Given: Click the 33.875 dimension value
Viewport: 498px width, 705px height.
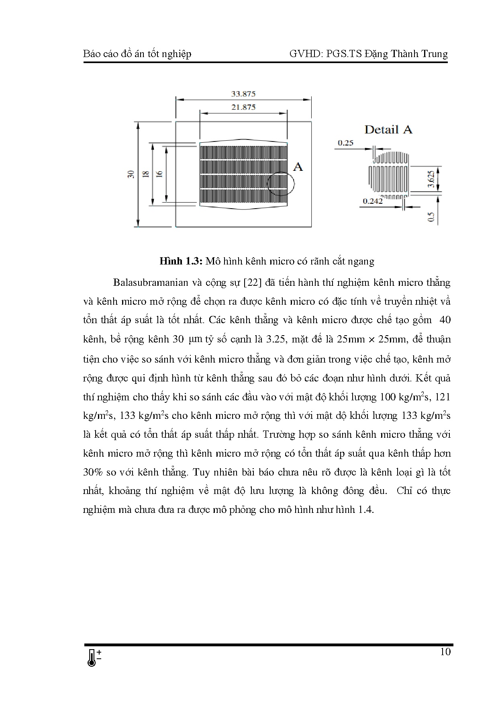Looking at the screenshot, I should (x=243, y=94).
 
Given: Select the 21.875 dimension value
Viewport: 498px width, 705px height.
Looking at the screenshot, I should (x=243, y=107).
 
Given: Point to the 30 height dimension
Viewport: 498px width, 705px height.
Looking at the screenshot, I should (x=131, y=174).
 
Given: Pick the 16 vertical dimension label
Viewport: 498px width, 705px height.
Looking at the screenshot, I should (x=159, y=174).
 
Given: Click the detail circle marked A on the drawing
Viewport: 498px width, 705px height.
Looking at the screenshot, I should (x=281, y=184).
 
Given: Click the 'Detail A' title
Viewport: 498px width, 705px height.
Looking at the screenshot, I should (x=388, y=129).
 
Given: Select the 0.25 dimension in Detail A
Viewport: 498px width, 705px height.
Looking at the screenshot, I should (x=345, y=143).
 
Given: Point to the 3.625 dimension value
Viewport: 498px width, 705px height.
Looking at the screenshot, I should (x=430, y=179).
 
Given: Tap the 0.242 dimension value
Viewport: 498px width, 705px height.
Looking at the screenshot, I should (x=373, y=201).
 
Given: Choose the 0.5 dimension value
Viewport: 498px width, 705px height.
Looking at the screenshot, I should (x=431, y=217).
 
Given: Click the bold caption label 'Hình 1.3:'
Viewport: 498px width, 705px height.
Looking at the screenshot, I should (x=181, y=261).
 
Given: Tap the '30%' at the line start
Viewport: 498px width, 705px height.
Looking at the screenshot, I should (x=94, y=472).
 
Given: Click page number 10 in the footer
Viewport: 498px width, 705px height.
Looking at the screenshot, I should (x=445, y=652).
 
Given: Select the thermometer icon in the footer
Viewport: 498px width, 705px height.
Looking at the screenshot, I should (x=93, y=658).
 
